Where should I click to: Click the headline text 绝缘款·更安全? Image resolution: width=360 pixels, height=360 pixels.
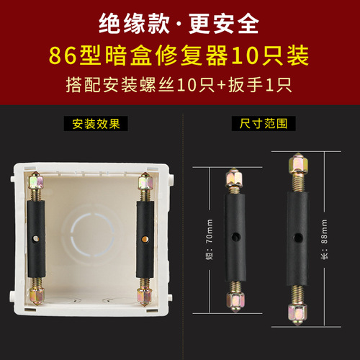coord(179,23)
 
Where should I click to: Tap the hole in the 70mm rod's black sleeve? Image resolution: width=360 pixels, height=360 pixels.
coord(235,237)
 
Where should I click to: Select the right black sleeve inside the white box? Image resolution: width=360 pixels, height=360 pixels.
coord(145,237)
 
